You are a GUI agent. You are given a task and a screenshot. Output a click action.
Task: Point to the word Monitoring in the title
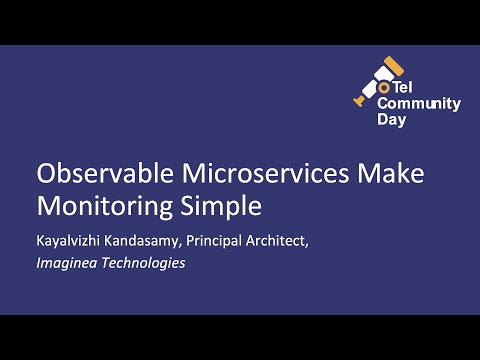click(x=106, y=207)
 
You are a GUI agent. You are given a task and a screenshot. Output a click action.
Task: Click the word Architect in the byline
click(x=299, y=240)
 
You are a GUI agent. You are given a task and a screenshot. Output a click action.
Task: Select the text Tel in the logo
click(x=406, y=86)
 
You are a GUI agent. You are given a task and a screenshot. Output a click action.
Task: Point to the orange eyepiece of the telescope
click(x=362, y=101)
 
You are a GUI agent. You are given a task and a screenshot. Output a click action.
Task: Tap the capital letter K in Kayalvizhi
click(x=41, y=240)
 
